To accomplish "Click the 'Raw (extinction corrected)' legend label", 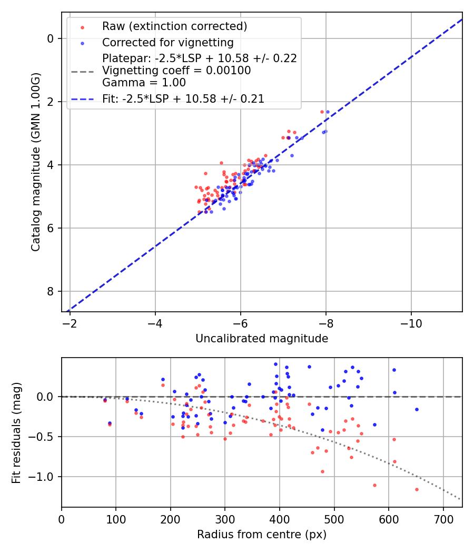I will click(x=174, y=26).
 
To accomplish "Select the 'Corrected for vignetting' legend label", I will click(x=167, y=43).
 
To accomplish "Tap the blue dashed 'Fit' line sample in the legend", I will click(x=82, y=99).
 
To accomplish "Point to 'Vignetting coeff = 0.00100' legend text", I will click(x=176, y=71).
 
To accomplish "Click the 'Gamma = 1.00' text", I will click(x=144, y=83).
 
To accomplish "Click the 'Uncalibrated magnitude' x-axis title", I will click(x=262, y=339).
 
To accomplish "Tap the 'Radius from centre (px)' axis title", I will click(x=262, y=535).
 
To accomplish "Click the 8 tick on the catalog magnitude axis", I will click(x=51, y=291).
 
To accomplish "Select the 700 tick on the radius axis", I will click(x=443, y=519).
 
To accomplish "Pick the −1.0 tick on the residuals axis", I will click(x=44, y=477).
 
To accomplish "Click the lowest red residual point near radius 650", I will click(x=417, y=489).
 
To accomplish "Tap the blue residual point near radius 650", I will click(x=417, y=409).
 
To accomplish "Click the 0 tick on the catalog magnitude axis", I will click(x=51, y=38).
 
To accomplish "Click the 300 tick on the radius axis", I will click(x=225, y=519).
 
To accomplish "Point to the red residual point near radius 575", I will click(x=374, y=485).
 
